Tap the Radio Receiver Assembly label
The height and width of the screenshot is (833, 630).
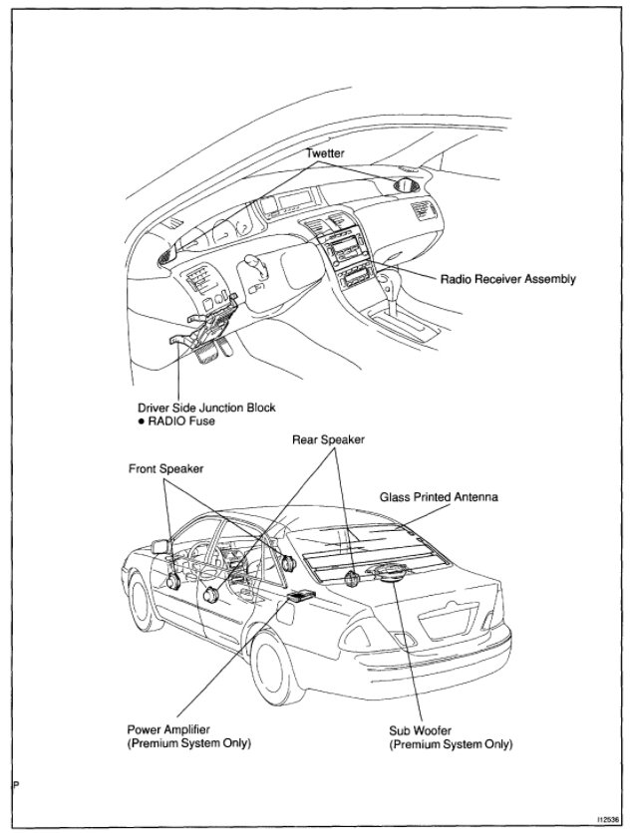[507, 279]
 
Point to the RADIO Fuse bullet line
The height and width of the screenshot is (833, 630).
[180, 420]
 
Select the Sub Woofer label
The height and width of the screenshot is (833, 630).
[419, 730]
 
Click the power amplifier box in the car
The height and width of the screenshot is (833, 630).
[300, 596]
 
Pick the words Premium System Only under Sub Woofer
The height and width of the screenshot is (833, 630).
[451, 743]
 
